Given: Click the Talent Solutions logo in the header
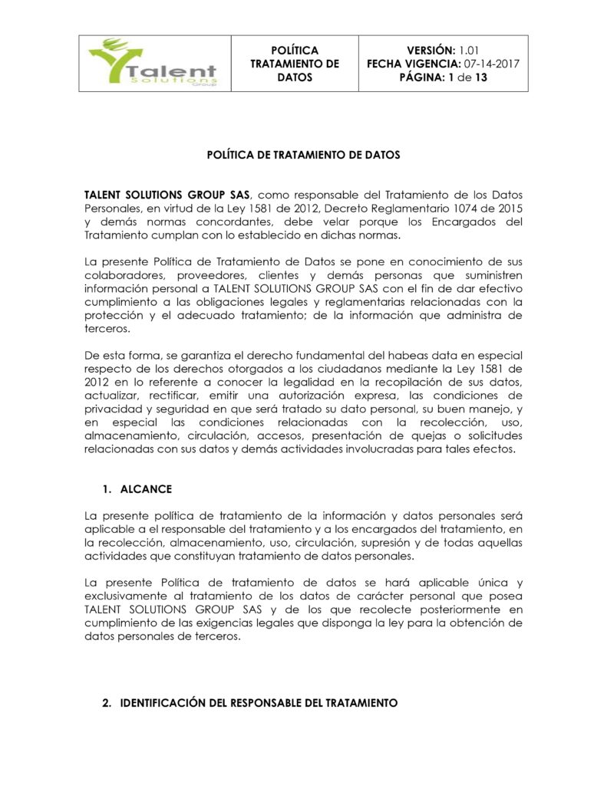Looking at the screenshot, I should (153, 64).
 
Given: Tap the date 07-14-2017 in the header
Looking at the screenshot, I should (491, 64).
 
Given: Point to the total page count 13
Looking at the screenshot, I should (480, 77).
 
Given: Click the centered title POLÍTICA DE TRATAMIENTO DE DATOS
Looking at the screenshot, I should (303, 155).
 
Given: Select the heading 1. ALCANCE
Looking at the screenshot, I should (137, 489).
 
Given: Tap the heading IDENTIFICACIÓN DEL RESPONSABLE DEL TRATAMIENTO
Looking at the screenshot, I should (259, 702).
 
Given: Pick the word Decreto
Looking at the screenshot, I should (349, 209).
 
